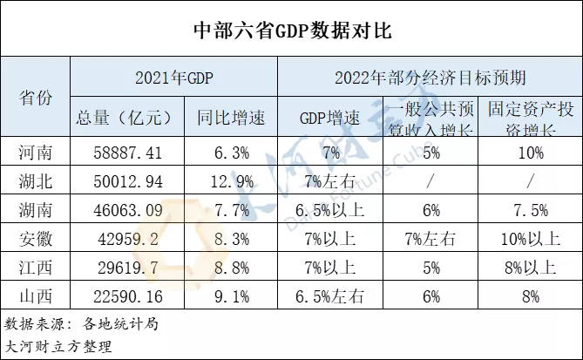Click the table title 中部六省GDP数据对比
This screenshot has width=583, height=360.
[292, 30]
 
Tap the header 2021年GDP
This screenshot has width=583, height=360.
[173, 77]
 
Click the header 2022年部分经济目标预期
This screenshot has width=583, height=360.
[430, 77]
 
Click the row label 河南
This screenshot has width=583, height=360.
[36, 153]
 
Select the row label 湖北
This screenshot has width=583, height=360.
[36, 180]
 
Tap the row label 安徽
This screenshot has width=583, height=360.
[36, 237]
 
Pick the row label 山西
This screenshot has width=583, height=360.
[36, 294]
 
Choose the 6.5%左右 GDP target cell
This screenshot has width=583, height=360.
[329, 294]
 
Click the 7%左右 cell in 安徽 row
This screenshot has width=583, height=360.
[428, 237]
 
